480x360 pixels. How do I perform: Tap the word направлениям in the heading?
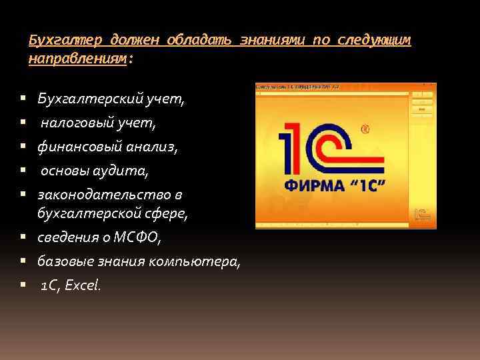(77, 59)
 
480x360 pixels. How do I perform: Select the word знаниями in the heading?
(268, 41)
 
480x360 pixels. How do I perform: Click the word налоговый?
(76, 123)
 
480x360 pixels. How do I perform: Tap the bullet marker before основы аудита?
(23, 171)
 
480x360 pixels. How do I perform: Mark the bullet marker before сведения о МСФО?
(23, 238)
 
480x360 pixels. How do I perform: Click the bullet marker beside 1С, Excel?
(23, 286)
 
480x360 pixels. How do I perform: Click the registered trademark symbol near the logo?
(364, 129)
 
